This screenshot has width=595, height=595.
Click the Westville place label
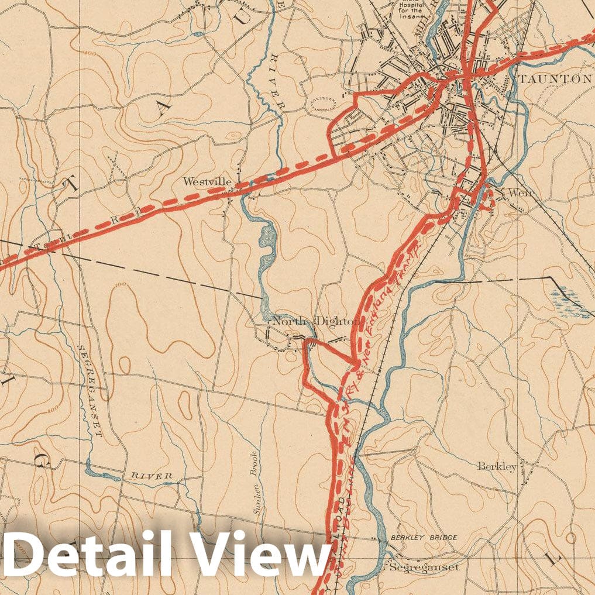(x=208, y=181)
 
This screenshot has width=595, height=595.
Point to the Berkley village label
(x=497, y=466)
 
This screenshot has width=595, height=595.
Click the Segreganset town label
(x=425, y=567)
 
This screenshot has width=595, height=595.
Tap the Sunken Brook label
(x=256, y=491)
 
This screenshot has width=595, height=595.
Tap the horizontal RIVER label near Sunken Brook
(x=151, y=476)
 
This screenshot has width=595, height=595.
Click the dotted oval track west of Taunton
(x=321, y=105)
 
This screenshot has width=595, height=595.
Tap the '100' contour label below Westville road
(x=122, y=284)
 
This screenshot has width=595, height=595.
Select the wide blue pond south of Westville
(x=266, y=246)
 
